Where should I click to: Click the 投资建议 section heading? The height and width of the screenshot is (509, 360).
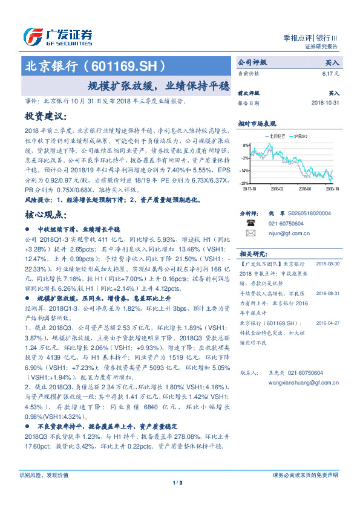(44, 115)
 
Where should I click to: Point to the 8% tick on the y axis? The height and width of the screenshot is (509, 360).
(244, 146)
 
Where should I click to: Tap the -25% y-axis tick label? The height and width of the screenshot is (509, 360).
(243, 183)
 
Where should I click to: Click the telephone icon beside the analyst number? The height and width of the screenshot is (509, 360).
(250, 222)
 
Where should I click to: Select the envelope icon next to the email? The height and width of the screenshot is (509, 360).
(250, 232)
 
